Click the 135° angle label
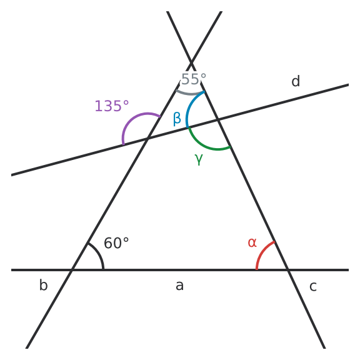point(112,106)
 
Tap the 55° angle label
point(194,79)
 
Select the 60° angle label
point(116,243)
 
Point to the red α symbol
point(252,242)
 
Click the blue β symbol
point(177,119)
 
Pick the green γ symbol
point(199,159)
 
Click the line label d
point(296,81)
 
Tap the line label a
point(179,286)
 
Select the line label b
point(43,285)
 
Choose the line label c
point(313,286)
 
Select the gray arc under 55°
point(189,94)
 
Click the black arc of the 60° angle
point(99,254)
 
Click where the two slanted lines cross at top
point(191,63)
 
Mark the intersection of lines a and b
point(72,270)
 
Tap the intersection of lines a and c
point(288,270)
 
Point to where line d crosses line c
point(218,119)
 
